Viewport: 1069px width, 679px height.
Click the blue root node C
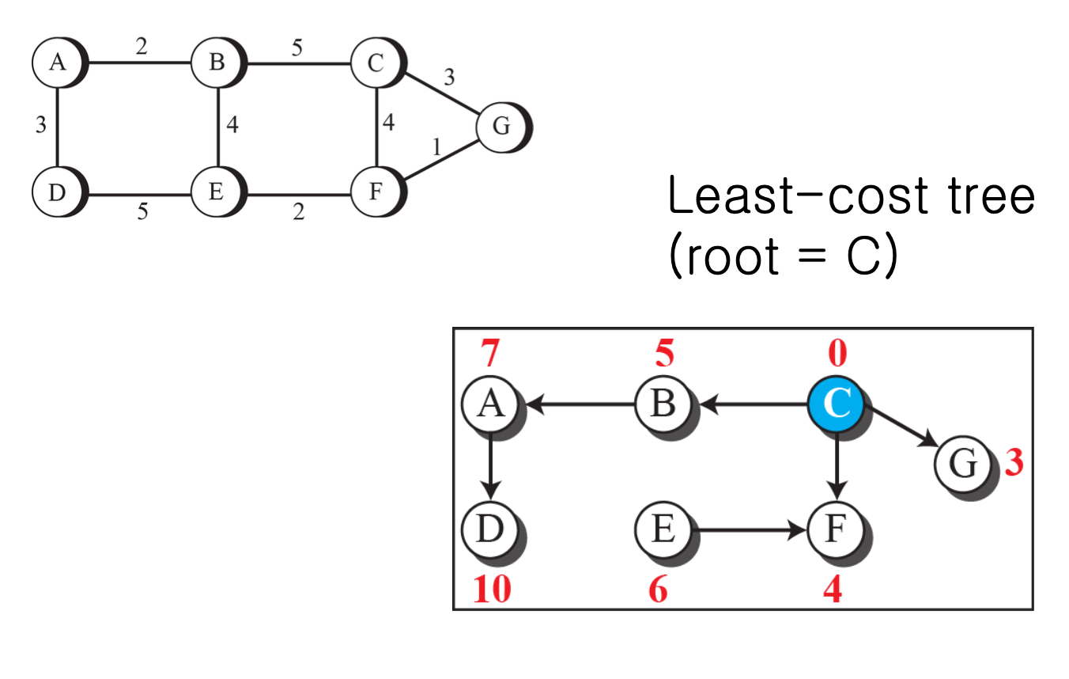(836, 404)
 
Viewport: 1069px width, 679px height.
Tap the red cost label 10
(492, 590)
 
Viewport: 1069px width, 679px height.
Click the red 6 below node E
(658, 590)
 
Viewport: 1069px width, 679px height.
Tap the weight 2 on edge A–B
(141, 47)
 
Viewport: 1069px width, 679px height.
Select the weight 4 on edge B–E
(232, 125)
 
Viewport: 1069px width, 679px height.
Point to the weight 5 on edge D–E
(142, 213)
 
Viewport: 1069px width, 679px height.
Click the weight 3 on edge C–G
(449, 77)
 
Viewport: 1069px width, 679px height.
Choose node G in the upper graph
(502, 125)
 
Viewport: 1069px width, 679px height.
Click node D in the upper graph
(57, 192)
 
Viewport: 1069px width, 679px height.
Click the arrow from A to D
(491, 465)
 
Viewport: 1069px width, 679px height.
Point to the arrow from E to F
(747, 531)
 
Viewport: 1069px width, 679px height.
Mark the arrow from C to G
(901, 427)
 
